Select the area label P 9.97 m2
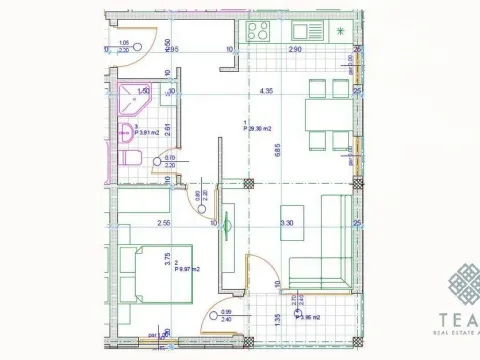[x=189, y=269]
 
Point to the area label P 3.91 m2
[x=147, y=134]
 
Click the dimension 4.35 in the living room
[x=266, y=93]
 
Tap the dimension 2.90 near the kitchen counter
[x=295, y=48]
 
